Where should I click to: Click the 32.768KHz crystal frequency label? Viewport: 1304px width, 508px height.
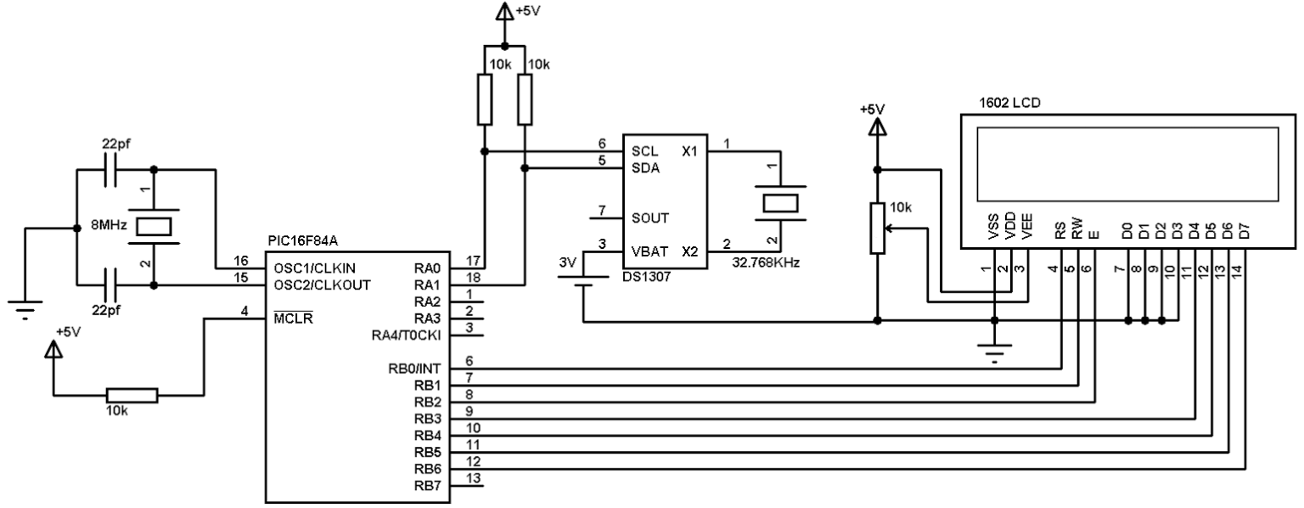(763, 264)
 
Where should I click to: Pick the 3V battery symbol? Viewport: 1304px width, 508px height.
(582, 281)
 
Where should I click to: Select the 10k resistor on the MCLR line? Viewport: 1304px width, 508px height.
(132, 395)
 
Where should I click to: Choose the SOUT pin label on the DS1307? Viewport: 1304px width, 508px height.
(649, 217)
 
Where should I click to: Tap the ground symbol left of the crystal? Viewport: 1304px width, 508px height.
(25, 311)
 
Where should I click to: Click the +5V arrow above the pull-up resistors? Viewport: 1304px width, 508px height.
(504, 13)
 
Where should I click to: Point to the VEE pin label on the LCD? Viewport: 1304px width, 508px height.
(1027, 229)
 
